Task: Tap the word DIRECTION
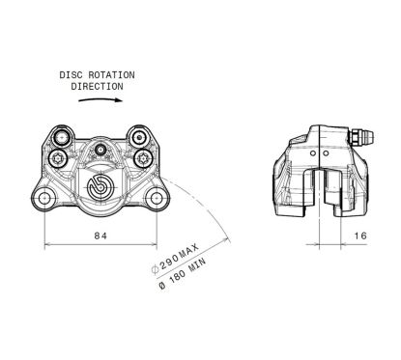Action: point(98,85)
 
